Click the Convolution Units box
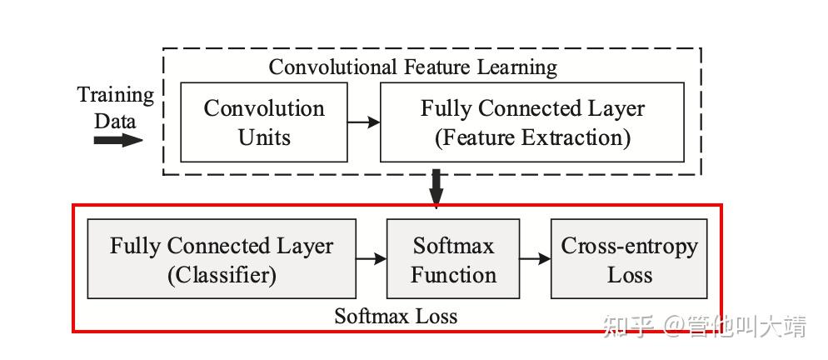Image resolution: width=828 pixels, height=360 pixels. (263, 122)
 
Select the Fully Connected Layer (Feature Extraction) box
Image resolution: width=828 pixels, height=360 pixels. (531, 122)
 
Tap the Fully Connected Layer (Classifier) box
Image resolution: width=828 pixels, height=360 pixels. (222, 259)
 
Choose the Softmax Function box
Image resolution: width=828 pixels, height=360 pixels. (452, 259)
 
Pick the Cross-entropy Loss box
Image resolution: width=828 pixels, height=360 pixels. (629, 259)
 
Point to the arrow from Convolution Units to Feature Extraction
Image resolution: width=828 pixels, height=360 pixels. (363, 122)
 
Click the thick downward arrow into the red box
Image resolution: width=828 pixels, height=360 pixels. (436, 188)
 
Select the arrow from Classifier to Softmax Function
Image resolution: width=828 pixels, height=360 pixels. (372, 259)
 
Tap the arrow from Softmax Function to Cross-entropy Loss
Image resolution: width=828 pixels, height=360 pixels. (536, 259)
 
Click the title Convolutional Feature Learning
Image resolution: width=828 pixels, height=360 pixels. (412, 67)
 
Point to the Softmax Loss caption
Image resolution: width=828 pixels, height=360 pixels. (396, 316)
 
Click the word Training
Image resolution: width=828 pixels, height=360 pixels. (116, 95)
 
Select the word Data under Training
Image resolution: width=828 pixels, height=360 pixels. (115, 120)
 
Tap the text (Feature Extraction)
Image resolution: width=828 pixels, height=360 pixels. (532, 137)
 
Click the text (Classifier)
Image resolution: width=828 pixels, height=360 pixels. (222, 274)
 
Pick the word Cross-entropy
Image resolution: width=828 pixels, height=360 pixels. (629, 246)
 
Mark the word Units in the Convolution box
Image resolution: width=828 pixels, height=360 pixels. (264, 137)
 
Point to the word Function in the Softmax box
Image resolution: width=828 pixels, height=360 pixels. (453, 274)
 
